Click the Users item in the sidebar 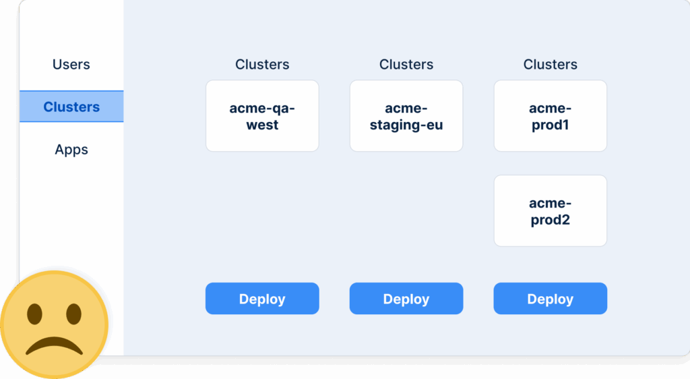tap(71, 65)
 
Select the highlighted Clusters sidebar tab tap(71, 107)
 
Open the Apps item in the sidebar tap(71, 150)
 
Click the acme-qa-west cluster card tap(262, 116)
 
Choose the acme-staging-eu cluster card tap(406, 116)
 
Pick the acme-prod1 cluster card tap(550, 116)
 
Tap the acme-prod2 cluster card tap(550, 210)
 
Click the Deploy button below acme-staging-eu tap(406, 299)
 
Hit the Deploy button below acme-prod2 tap(550, 299)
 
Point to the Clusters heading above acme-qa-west tap(262, 65)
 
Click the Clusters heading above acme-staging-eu tap(406, 65)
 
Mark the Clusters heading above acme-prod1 tap(550, 65)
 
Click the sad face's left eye tap(34, 314)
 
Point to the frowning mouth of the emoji tap(54, 345)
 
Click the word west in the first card tap(262, 125)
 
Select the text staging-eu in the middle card tap(406, 125)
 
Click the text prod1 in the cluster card tap(550, 125)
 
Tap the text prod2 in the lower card tap(550, 220)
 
